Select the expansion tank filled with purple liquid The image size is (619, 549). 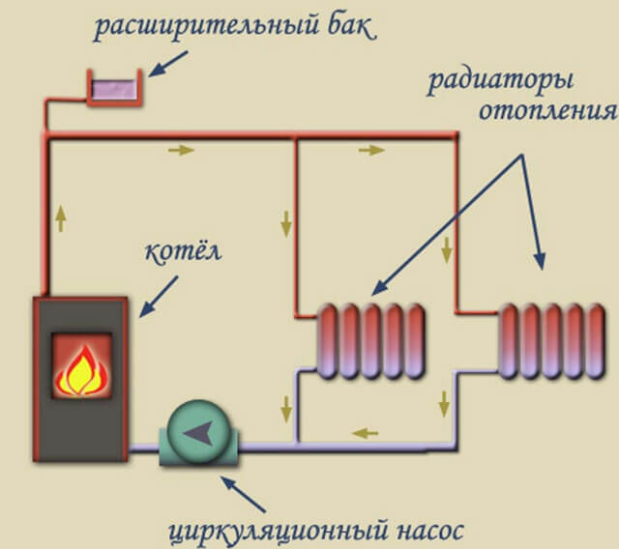click(x=114, y=86)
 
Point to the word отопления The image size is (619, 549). click(x=546, y=108)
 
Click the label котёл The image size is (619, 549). click(x=183, y=253)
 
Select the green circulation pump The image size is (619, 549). click(x=200, y=436)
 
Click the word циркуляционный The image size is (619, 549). click(x=254, y=530)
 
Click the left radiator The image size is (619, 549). click(x=372, y=339)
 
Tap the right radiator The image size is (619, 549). click(x=551, y=339)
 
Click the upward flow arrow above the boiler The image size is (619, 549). click(x=62, y=217)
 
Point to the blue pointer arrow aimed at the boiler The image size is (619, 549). click(x=159, y=295)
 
